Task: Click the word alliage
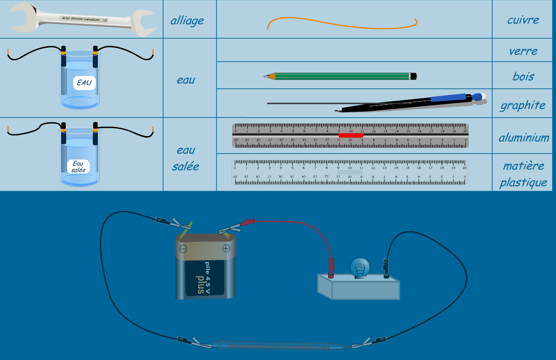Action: click(187, 21)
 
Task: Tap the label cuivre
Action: click(523, 20)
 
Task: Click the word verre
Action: click(523, 51)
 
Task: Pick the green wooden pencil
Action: click(340, 76)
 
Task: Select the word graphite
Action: click(522, 105)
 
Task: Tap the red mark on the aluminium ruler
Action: click(351, 135)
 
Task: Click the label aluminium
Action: click(524, 137)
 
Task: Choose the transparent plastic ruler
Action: click(350, 172)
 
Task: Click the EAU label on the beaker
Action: click(85, 83)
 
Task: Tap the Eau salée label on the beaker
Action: click(78, 166)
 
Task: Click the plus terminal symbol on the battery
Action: click(226, 249)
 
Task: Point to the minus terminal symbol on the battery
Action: click(183, 249)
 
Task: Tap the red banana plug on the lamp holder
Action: click(331, 266)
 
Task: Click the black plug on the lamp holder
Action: click(386, 267)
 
